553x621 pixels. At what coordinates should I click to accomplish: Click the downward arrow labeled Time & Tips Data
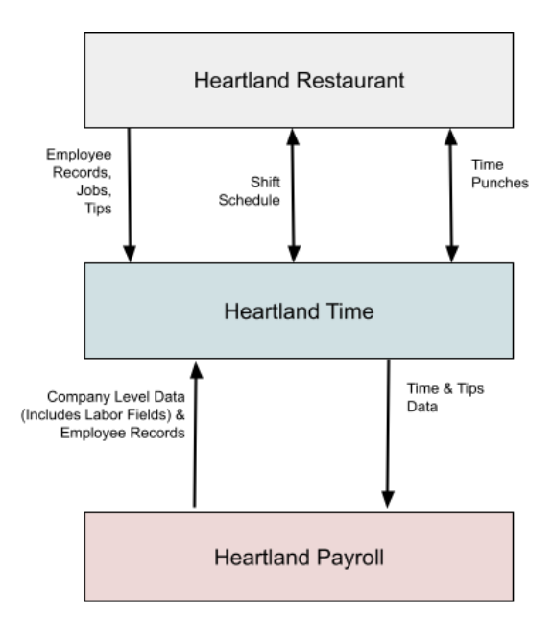coord(388,433)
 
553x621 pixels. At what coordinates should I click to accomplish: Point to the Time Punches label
coord(501,175)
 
